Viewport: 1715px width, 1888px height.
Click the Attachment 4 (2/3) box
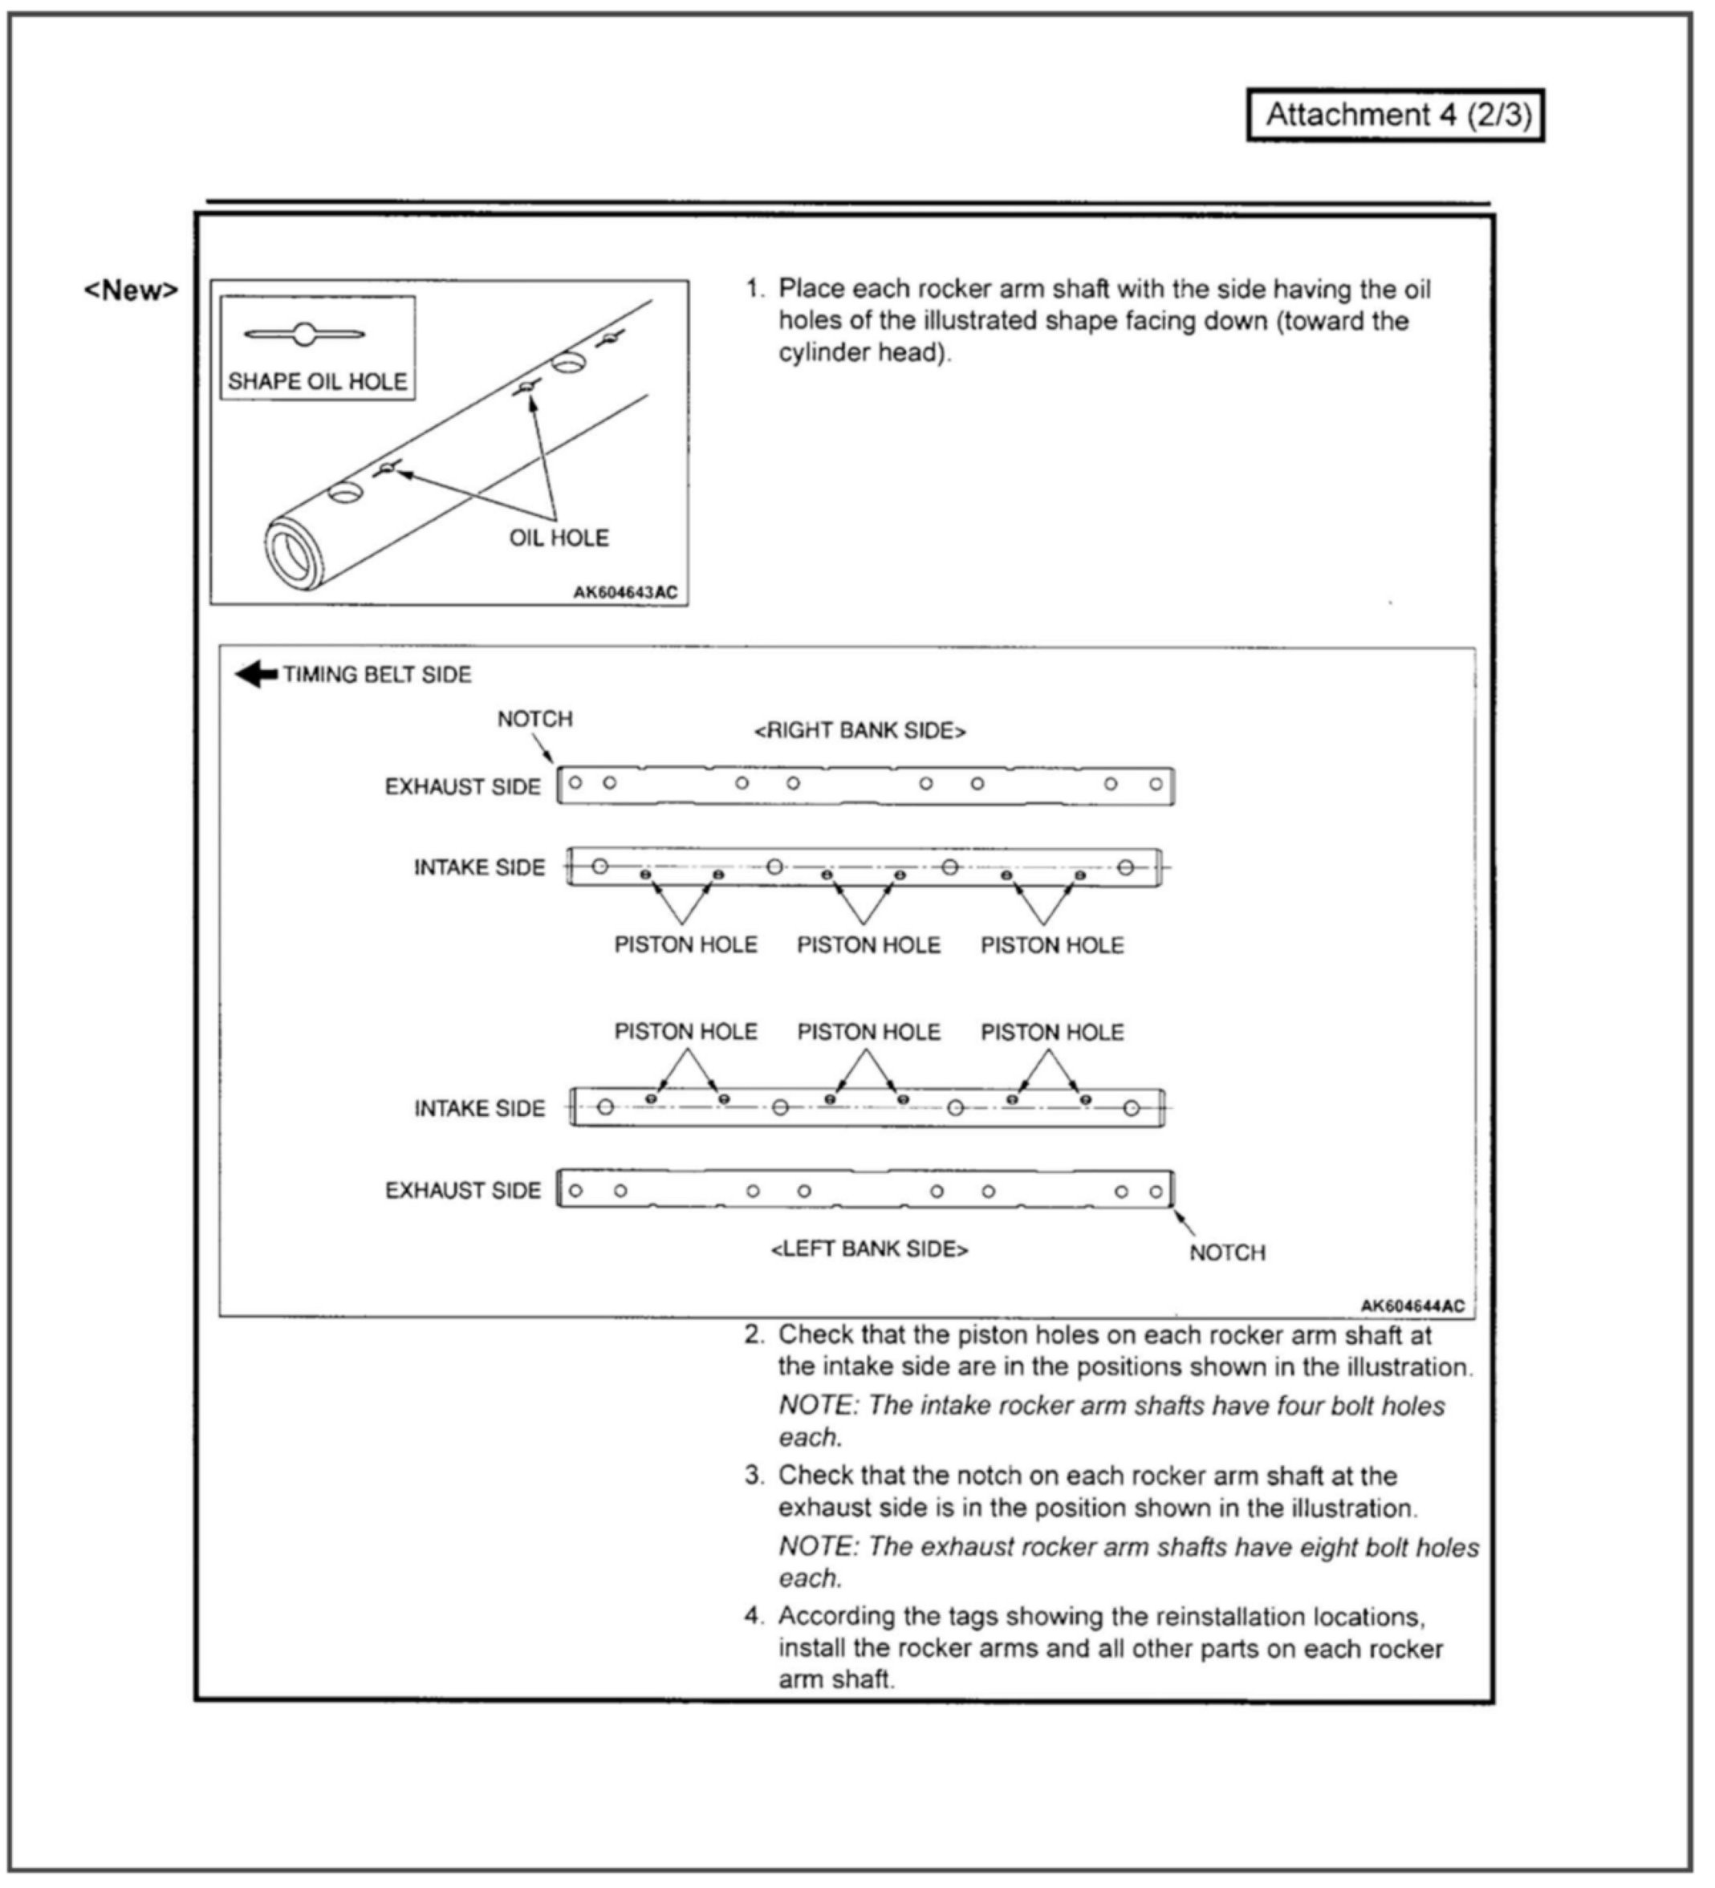coord(1395,116)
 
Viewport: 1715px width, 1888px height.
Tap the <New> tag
coord(131,290)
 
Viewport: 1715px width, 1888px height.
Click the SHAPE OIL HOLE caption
coord(318,381)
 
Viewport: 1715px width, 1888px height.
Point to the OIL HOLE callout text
coord(559,538)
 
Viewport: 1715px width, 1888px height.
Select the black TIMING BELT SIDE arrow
coord(256,674)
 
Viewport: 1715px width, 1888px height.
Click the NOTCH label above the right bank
coord(534,718)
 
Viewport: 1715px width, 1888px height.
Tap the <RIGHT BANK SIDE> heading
coord(860,730)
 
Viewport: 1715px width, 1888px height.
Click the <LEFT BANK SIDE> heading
coord(869,1249)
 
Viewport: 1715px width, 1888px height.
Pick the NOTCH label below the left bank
coord(1227,1253)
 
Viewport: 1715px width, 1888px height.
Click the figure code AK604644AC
coord(1412,1305)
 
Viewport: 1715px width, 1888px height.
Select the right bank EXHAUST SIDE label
coord(463,786)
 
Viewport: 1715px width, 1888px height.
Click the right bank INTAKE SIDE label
coord(480,867)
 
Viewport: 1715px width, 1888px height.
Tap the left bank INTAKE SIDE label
coord(480,1109)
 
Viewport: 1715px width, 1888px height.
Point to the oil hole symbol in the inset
coord(303,335)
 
